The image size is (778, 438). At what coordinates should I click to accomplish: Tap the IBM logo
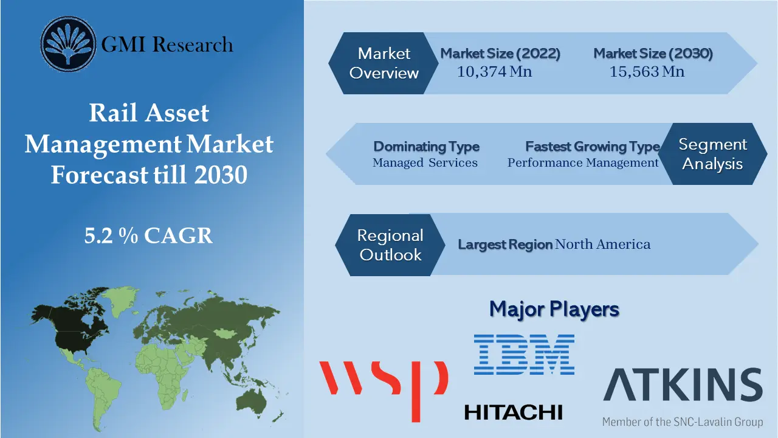(524, 354)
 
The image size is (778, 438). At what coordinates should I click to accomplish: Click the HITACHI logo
(514, 412)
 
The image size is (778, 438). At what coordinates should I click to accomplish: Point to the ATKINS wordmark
(683, 386)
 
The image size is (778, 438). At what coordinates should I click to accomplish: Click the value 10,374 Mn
(494, 72)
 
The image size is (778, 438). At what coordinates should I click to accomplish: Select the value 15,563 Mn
(647, 72)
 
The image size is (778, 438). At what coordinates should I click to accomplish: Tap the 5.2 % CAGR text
(149, 235)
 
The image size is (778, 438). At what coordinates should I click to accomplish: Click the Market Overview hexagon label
(384, 63)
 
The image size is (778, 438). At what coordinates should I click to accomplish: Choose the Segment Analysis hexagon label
(712, 154)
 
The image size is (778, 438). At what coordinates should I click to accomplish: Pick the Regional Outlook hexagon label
(390, 245)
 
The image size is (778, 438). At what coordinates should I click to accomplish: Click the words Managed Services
(425, 163)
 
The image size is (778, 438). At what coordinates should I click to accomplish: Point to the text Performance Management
(583, 163)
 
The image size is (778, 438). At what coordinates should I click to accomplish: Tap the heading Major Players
(554, 309)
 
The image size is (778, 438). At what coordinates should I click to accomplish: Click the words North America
(602, 245)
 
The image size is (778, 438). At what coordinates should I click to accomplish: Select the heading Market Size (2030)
(653, 54)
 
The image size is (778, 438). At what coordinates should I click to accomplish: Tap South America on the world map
(101, 389)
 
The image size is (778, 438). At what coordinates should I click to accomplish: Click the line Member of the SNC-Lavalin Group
(682, 421)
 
